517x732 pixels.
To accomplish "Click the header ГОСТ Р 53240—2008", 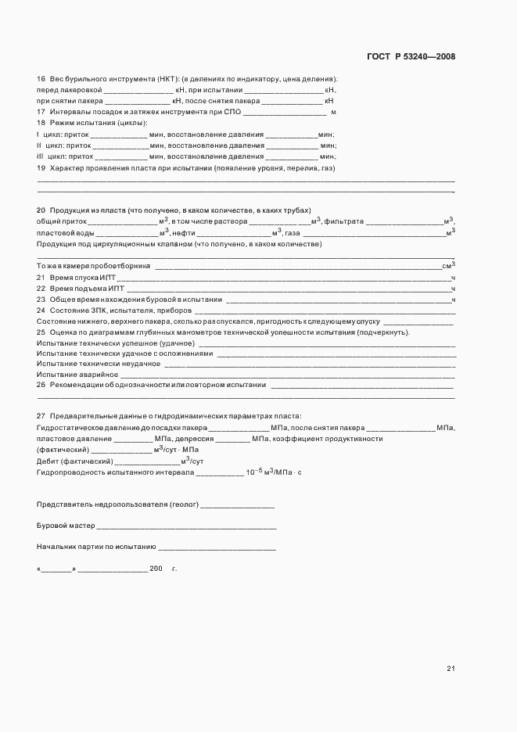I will (x=411, y=57).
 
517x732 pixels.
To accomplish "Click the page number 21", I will (x=451, y=669).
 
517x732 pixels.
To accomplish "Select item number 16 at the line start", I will (x=41, y=79).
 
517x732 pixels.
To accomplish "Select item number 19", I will (x=41, y=167).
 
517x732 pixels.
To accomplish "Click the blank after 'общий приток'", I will (x=113, y=222).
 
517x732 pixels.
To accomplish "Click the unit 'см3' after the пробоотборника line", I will (x=449, y=266).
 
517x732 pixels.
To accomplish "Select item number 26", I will (x=41, y=386).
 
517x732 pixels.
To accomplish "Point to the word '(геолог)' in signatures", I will (x=183, y=506).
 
